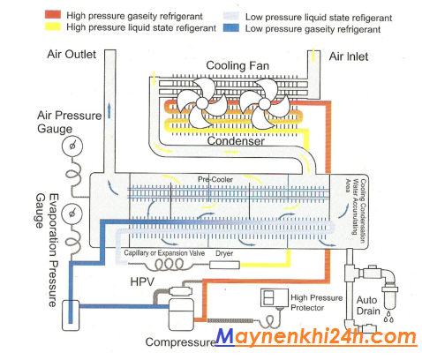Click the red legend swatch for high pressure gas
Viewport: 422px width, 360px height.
point(53,14)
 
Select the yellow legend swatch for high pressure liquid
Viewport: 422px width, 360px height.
point(53,26)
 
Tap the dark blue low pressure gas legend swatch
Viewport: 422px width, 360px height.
point(231,28)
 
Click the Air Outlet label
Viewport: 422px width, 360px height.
point(72,54)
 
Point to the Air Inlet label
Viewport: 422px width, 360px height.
point(349,56)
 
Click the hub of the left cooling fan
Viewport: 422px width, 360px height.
point(202,103)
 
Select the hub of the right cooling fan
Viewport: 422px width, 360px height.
point(264,103)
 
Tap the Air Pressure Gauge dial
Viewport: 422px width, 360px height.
point(72,146)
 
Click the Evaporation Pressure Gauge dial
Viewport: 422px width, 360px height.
point(72,214)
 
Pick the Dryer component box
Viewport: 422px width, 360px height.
point(224,265)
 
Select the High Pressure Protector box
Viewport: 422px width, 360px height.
point(274,298)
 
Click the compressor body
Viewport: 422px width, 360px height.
point(181,314)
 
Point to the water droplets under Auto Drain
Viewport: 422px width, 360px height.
point(388,317)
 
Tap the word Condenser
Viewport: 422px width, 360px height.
point(236,141)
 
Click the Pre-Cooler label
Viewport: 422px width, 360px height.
point(215,179)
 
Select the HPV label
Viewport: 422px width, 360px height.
point(142,281)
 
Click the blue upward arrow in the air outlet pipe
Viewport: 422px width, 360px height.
point(109,110)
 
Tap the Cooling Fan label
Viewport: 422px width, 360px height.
point(237,65)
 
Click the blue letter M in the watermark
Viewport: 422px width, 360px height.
point(226,336)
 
